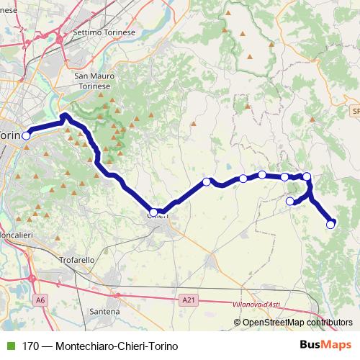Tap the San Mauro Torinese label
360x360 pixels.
tap(92, 80)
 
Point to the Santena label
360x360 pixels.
tap(105, 311)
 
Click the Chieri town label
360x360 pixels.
tap(158, 216)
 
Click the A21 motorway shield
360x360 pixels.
tap(189, 298)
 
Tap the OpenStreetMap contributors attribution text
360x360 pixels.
tap(294, 323)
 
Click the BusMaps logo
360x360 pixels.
tap(325, 345)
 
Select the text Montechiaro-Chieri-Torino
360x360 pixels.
tap(111, 346)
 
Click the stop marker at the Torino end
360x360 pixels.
tap(27, 135)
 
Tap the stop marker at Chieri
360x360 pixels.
tap(153, 212)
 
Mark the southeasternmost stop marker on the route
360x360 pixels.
tap(330, 224)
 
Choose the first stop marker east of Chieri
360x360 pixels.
tap(207, 181)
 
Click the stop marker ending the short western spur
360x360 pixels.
tap(290, 201)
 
